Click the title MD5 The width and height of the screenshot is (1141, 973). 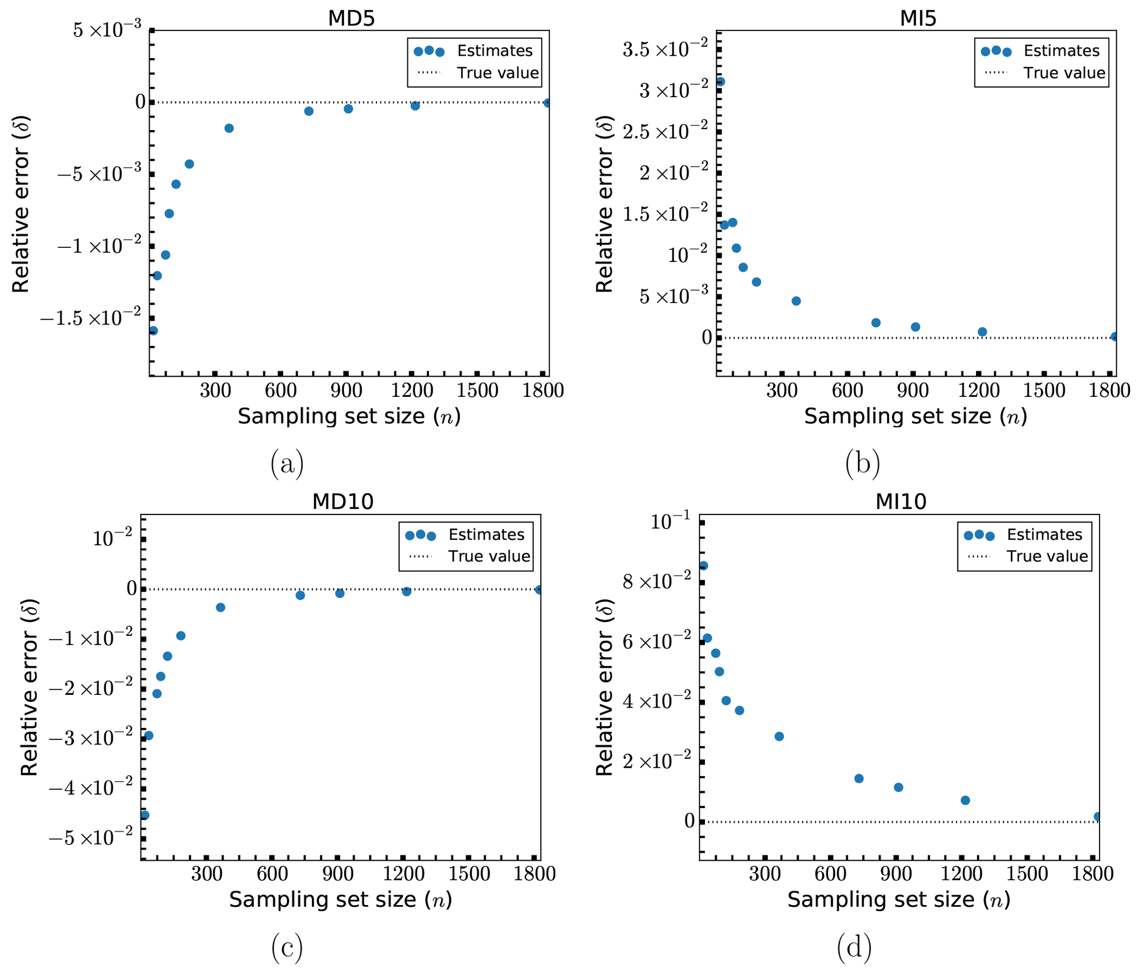(351, 19)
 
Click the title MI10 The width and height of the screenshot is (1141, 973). (901, 502)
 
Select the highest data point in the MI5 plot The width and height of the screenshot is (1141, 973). (720, 82)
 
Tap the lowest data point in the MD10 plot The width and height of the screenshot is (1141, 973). (145, 815)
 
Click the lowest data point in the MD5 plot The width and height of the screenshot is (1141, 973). (153, 331)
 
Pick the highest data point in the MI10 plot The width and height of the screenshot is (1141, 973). (703, 566)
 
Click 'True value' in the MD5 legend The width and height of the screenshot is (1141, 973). (497, 73)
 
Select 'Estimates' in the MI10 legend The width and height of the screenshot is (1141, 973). (1044, 534)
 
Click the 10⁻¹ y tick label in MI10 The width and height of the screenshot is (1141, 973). (670, 522)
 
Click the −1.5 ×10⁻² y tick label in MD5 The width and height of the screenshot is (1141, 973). (91, 318)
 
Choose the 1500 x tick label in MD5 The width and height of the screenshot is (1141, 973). (477, 391)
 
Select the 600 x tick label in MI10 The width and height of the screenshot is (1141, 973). (830, 874)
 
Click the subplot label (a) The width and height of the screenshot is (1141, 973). (287, 464)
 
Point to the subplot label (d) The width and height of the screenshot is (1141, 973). (854, 948)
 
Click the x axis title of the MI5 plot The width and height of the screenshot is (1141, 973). (915, 417)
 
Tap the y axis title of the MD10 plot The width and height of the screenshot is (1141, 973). (29, 688)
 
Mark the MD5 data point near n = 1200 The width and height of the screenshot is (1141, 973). (415, 105)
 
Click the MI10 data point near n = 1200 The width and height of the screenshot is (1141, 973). (965, 800)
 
